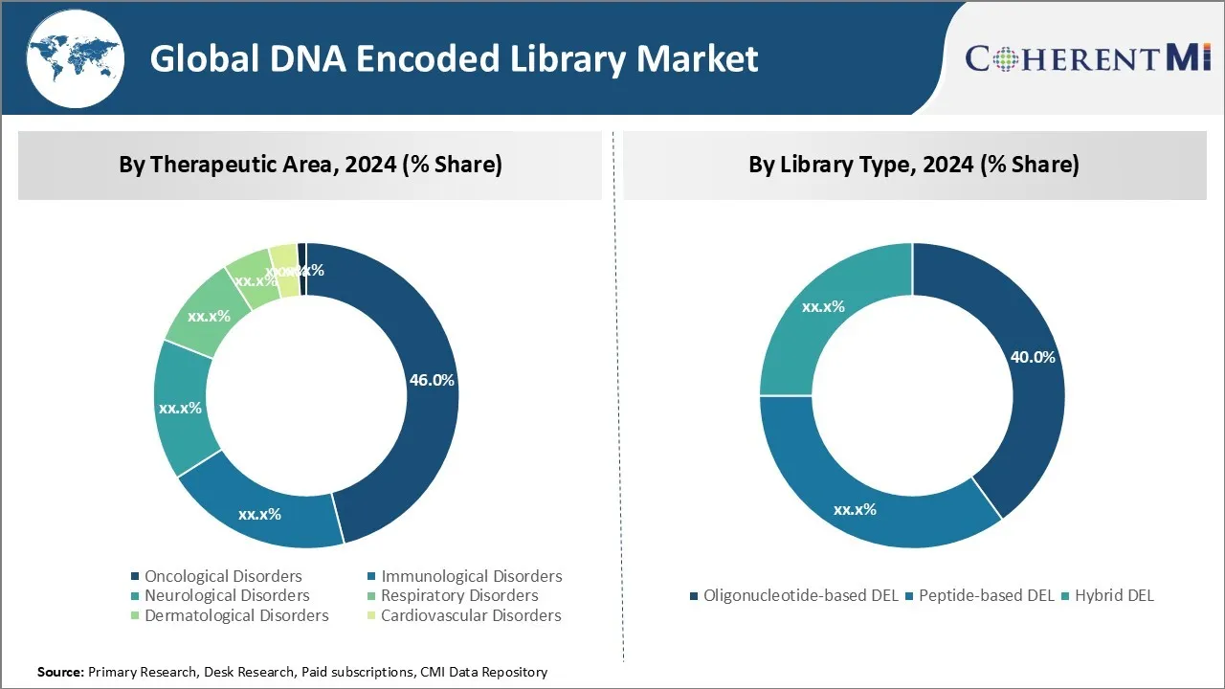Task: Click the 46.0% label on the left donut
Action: click(x=432, y=380)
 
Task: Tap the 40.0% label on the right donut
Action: click(x=1033, y=357)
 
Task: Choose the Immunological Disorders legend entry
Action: click(x=471, y=576)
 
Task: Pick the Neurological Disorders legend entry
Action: click(x=227, y=595)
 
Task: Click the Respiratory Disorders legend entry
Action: click(x=459, y=595)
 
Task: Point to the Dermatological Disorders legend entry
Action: click(x=236, y=615)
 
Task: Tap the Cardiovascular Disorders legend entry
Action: click(x=471, y=615)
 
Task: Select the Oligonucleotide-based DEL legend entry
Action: click(x=800, y=595)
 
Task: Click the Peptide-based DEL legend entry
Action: click(x=986, y=595)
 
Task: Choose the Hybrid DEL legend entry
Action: click(x=1114, y=595)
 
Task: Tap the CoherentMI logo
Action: click(x=1087, y=57)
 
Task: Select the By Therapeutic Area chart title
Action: click(x=310, y=165)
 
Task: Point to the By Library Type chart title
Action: click(x=914, y=165)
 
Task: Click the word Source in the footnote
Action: click(x=60, y=673)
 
